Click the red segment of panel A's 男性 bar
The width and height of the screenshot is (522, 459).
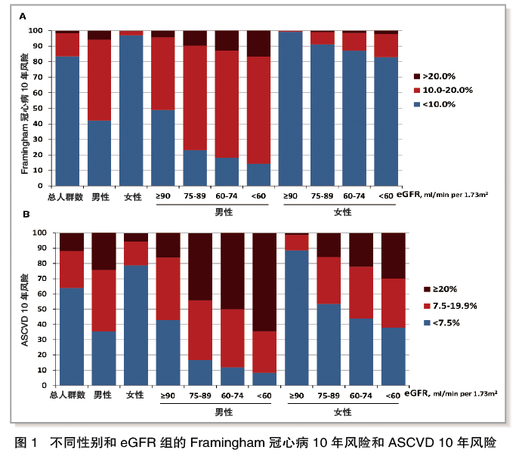point(99,80)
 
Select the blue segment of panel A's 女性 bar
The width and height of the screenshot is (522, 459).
point(131,110)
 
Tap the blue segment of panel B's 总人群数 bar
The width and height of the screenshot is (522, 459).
point(67,336)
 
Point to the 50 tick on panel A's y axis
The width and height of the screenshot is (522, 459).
point(44,108)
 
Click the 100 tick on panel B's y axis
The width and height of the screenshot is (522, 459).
point(42,233)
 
